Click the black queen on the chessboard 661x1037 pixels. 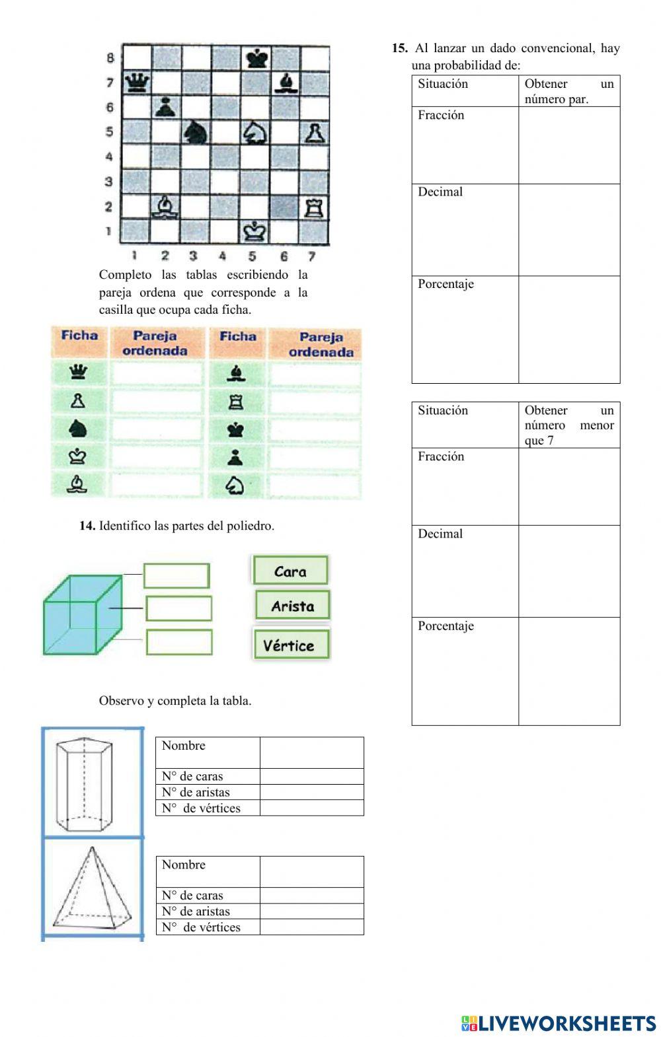coord(137,83)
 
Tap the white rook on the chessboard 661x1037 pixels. coord(312,207)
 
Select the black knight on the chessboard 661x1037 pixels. coord(196,133)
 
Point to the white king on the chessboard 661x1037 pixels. coord(255,231)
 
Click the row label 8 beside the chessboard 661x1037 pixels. coord(110,58)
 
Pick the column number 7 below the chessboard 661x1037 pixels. coord(311,256)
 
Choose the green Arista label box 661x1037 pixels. coord(293,605)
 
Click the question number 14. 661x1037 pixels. coord(87,526)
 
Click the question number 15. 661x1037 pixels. coord(399,48)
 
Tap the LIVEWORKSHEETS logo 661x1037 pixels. coord(559,1023)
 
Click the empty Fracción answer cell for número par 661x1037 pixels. coord(569,145)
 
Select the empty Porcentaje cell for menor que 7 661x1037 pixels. coord(569,671)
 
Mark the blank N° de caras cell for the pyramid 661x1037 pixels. coord(311,896)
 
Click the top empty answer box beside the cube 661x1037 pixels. coord(176,575)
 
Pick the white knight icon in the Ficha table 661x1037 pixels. coord(236,485)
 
